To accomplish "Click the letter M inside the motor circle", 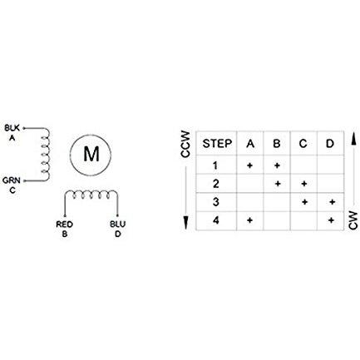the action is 91,155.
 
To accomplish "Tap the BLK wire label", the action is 12,128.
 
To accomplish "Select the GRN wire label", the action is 12,180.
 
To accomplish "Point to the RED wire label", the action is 64,224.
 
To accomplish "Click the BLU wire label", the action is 117,224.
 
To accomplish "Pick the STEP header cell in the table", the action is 217,144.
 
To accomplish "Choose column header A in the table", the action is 250,144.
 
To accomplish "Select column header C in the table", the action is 303,144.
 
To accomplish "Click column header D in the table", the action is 330,144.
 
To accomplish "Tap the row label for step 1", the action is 215,165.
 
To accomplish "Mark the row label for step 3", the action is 215,202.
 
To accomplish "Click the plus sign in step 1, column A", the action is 249,165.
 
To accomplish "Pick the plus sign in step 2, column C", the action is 304,184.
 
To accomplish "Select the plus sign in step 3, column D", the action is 332,202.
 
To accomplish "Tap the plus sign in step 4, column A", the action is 249,220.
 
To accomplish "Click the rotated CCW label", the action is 185,144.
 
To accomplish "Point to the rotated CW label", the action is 353,220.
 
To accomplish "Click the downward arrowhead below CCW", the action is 186,224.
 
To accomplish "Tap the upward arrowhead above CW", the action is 353,138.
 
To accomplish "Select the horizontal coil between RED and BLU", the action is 91,195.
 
